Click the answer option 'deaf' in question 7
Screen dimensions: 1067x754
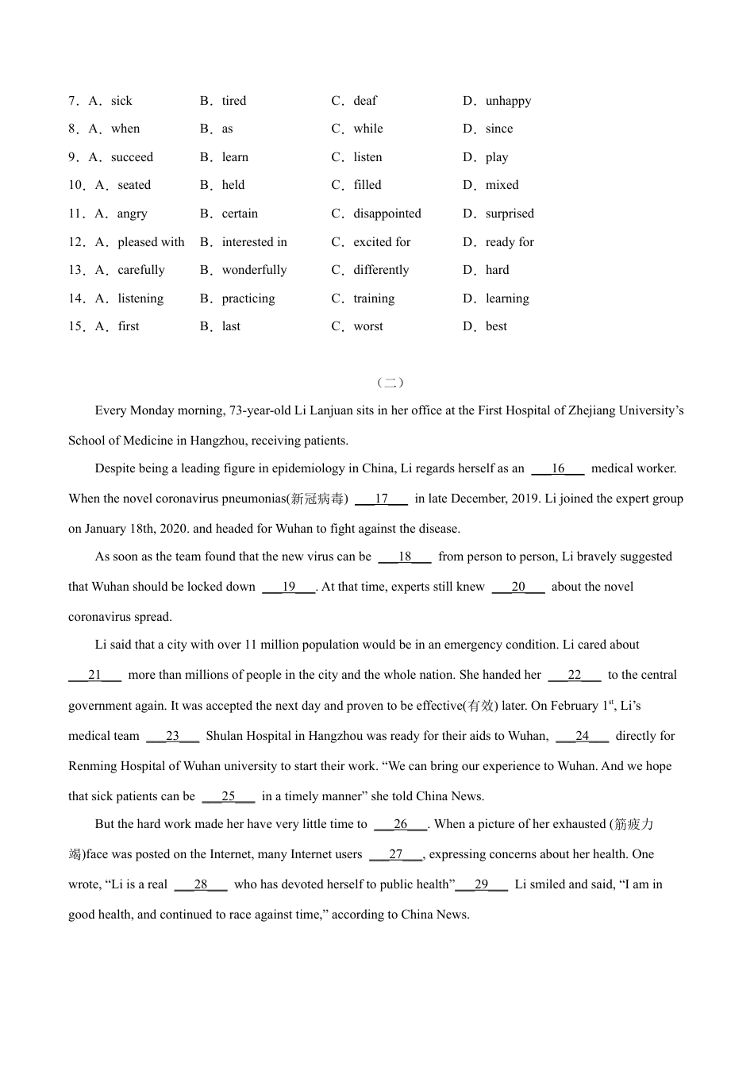[x=365, y=101]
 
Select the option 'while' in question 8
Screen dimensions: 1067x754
[x=368, y=129]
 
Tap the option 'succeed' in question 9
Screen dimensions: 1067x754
[x=132, y=157]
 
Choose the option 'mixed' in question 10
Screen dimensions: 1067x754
[x=502, y=185]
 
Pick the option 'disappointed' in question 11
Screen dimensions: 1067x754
[x=387, y=214]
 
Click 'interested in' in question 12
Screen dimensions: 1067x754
[x=254, y=242]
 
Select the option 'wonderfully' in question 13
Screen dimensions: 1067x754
[x=254, y=270]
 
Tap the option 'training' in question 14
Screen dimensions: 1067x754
[x=374, y=299]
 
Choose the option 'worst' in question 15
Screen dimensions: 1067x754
[x=368, y=326]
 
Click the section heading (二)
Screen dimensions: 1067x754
[x=390, y=383]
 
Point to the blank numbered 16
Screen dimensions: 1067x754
[x=558, y=468]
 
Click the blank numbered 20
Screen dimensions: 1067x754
[x=518, y=587]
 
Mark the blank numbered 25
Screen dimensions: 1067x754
[x=229, y=796]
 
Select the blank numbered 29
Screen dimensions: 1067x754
[x=482, y=884]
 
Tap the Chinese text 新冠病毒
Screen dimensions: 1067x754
[x=317, y=499]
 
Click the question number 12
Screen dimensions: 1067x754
[x=76, y=242]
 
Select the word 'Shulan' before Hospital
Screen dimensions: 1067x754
[x=223, y=736]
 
